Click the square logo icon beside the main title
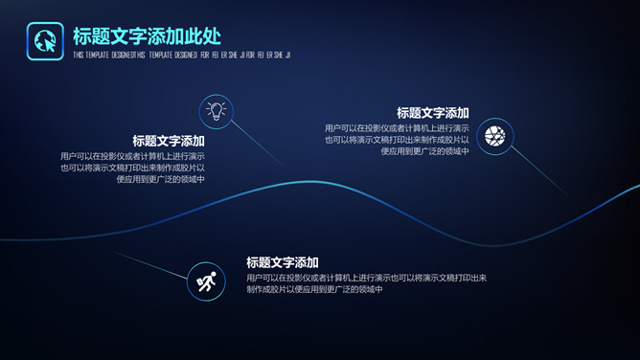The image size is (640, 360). pyautogui.click(x=45, y=40)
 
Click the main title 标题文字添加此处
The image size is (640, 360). pyautogui.click(x=147, y=36)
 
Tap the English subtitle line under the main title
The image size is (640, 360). pyautogui.click(x=181, y=55)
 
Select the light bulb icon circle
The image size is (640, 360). pyautogui.click(x=217, y=111)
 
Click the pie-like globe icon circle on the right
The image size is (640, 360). pyautogui.click(x=495, y=137)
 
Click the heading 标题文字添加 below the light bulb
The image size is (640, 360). pyautogui.click(x=169, y=141)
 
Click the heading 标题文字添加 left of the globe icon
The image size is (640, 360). pyautogui.click(x=433, y=113)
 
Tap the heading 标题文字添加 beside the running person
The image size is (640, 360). pyautogui.click(x=282, y=262)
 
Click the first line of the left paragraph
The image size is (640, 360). pyautogui.click(x=132, y=156)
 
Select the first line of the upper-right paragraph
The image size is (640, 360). pyautogui.click(x=397, y=128)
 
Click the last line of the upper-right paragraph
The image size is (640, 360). pyautogui.click(x=424, y=151)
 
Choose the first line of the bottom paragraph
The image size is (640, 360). pyautogui.click(x=367, y=278)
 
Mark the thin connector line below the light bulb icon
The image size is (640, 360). pyautogui.click(x=257, y=152)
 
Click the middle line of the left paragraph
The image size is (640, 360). pyautogui.click(x=132, y=168)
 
